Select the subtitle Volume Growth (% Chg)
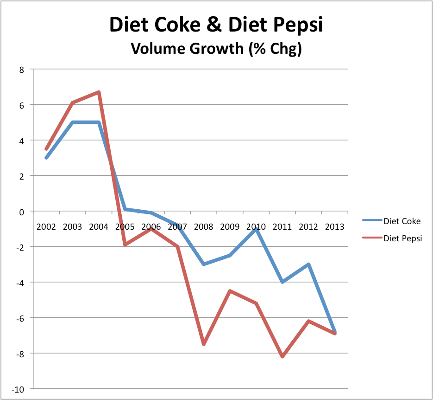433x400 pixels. click(216, 48)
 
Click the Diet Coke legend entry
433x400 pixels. click(402, 221)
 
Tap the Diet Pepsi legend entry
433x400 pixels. click(402, 239)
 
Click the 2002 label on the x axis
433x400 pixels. click(46, 227)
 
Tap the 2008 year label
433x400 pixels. click(203, 227)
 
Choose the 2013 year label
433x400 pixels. click(334, 227)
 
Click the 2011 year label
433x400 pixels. click(282, 227)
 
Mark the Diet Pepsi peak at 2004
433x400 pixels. click(99, 92)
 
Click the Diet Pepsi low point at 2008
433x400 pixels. click(203, 344)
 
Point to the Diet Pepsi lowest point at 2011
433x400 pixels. click(282, 356)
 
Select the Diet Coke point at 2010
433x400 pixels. click(256, 229)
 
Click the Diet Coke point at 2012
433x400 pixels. click(308, 265)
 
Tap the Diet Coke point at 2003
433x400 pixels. click(72, 123)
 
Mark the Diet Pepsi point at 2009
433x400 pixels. click(230, 291)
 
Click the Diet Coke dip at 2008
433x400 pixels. click(203, 264)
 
